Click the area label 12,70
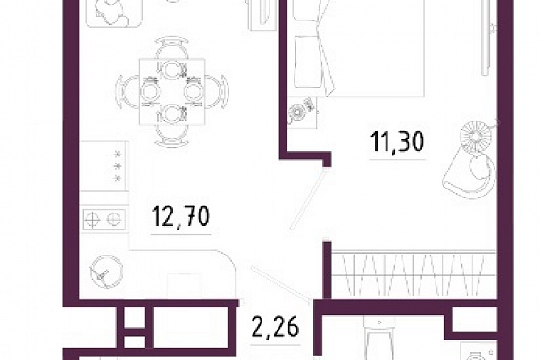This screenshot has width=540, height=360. point(180,217)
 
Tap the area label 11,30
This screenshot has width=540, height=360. point(396,142)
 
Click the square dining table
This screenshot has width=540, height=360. point(172,92)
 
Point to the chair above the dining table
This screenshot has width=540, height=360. point(172,47)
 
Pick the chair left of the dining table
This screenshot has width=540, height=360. point(128,92)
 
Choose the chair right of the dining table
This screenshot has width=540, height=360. point(217,92)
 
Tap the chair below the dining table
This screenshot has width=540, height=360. point(172,136)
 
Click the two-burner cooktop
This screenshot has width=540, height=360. point(104,219)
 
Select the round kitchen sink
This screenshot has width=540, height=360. point(106,272)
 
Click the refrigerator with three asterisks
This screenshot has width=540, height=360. point(104,166)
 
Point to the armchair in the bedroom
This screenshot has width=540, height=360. point(469,175)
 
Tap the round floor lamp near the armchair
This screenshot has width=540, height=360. point(476,136)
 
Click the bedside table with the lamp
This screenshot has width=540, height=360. point(302,112)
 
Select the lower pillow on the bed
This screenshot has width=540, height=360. point(309,62)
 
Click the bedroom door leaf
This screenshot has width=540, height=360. point(308,199)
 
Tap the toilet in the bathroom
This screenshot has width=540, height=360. point(378,339)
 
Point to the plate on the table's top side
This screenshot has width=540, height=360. point(171,70)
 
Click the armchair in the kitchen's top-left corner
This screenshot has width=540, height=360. point(114,13)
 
